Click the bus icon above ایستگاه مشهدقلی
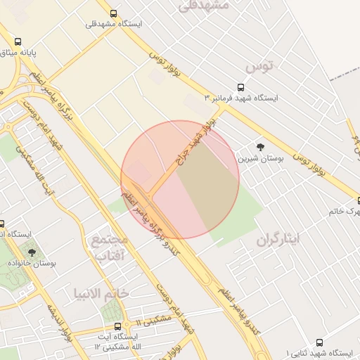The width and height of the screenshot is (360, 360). [x=113, y=13]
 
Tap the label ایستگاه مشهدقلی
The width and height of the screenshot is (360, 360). [x=113, y=24]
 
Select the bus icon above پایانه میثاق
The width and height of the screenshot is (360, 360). [x=18, y=41]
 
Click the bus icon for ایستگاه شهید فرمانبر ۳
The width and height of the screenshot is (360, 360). [x=241, y=89]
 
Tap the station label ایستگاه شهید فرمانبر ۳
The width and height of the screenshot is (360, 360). [x=240, y=98]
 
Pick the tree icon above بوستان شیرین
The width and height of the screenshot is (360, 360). [x=261, y=147]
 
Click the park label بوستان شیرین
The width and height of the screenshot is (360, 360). [x=260, y=158]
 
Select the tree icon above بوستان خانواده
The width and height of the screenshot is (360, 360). [x=31, y=251]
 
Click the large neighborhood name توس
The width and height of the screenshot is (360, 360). [x=258, y=67]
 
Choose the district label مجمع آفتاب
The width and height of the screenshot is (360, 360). [x=109, y=247]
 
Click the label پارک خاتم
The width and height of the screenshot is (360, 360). [x=347, y=210]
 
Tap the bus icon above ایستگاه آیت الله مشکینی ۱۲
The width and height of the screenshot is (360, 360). [x=117, y=327]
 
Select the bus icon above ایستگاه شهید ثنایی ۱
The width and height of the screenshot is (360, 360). [x=320, y=342]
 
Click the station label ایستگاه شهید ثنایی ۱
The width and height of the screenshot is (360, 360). [x=320, y=352]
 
